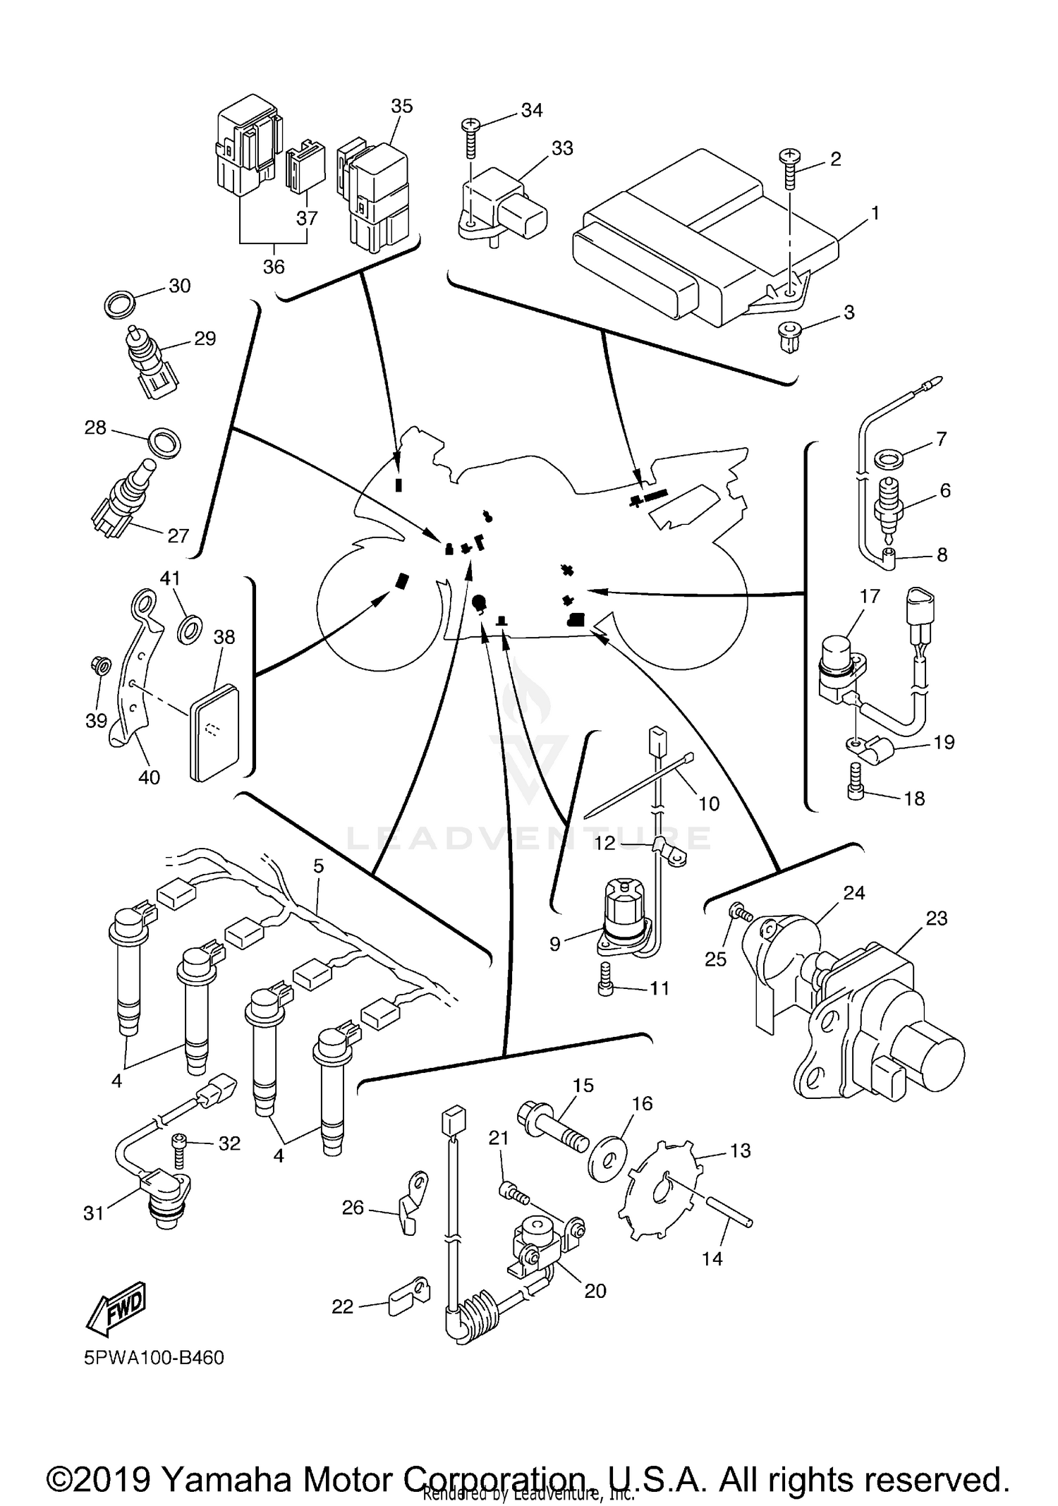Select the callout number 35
pos(401,106)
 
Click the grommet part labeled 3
pos(789,337)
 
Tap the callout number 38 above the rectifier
pos(224,637)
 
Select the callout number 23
pos(936,918)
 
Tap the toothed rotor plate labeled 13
pos(662,1191)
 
